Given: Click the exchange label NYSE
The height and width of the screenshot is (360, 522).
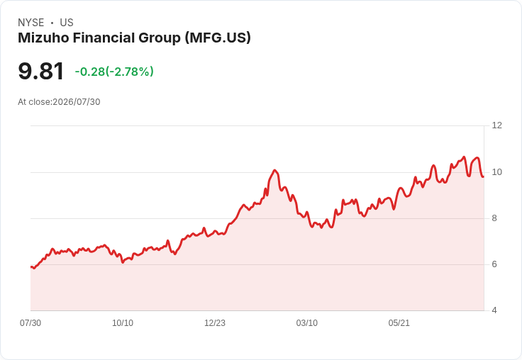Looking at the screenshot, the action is pos(31,23).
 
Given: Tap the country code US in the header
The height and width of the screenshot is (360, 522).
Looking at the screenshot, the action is pos(67,23).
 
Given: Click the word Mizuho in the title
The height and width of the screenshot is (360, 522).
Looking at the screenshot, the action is pos(43,38).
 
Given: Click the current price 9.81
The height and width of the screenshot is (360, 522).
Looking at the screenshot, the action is pos(41,71).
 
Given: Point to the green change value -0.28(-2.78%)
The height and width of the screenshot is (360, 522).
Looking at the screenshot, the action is pos(114,72).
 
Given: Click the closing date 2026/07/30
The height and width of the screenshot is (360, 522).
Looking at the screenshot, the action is pos(76,102).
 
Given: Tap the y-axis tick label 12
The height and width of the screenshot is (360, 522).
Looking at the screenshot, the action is pos(496,125).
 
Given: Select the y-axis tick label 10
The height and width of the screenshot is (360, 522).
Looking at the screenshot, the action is pos(496,172).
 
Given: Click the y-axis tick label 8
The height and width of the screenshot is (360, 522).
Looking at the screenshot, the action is pos(494,218).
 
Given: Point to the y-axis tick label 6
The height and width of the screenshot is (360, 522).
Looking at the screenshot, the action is pos(494,264).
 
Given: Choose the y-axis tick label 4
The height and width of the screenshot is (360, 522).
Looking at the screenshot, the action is pos(494,310).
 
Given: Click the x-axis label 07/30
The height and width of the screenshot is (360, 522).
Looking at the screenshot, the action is pos(30,323).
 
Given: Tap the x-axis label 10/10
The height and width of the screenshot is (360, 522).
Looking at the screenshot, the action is pos(123,323).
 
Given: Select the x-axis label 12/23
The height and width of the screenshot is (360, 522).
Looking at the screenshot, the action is pos(215,323).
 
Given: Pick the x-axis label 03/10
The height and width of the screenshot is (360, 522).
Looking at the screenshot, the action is pos(307,323).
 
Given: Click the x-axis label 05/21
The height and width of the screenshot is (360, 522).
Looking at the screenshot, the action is pos(399,323).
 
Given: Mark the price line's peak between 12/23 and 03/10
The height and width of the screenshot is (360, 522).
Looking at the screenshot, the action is pos(274,170).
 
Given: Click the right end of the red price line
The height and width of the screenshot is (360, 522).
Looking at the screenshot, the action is pos(484,176).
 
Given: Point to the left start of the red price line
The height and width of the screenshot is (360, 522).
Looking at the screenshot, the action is pos(31,267).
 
